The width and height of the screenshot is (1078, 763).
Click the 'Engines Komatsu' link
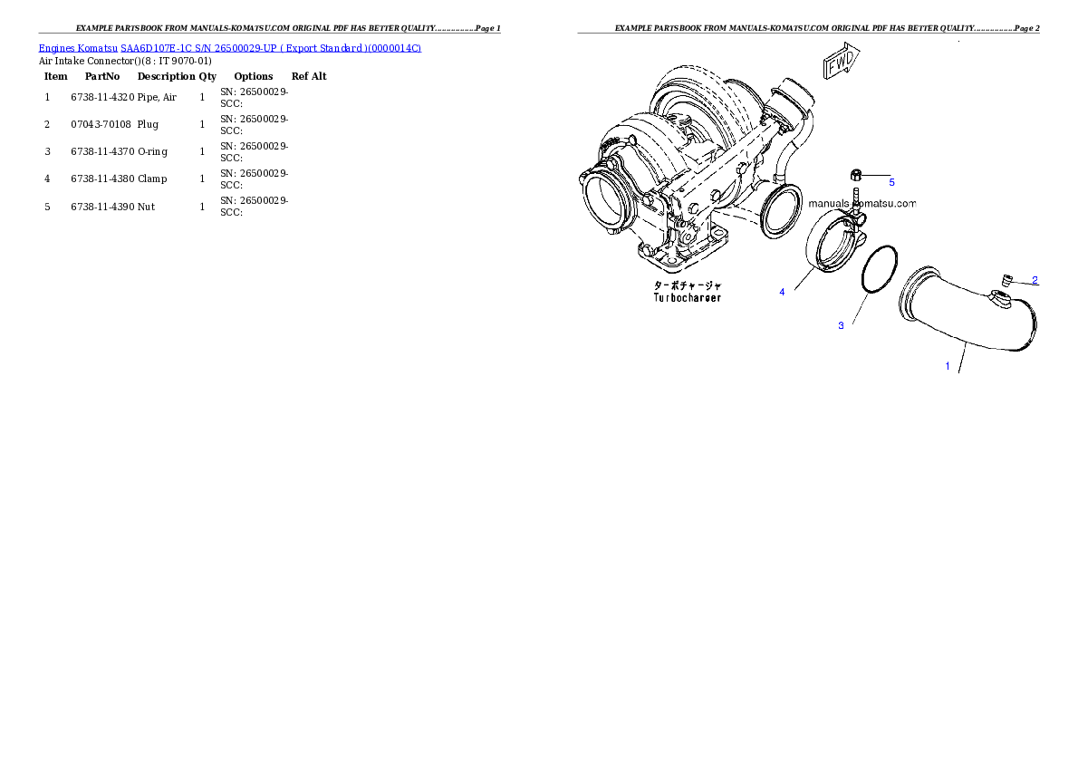click(78, 48)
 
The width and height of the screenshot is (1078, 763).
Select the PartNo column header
click(102, 76)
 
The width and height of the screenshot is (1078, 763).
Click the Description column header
click(167, 76)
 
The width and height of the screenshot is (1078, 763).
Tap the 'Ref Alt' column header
click(309, 76)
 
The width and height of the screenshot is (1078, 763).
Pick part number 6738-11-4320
click(102, 97)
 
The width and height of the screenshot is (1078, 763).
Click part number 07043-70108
click(101, 124)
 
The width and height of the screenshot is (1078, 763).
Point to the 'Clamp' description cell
click(152, 179)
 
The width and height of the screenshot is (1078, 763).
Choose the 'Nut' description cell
click(146, 207)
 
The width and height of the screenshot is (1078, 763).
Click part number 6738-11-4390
click(102, 207)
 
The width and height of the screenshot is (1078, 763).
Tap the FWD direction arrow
click(842, 61)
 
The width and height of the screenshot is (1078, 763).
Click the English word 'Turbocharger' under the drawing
click(688, 298)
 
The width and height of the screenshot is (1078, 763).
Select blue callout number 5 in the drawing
click(891, 182)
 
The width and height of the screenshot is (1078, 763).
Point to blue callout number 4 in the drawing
click(782, 293)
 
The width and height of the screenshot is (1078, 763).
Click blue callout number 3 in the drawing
click(841, 325)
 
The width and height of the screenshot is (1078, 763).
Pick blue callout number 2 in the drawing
click(1035, 280)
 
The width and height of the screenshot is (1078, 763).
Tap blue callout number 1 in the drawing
click(948, 366)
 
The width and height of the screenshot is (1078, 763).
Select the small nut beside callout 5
click(856, 175)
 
